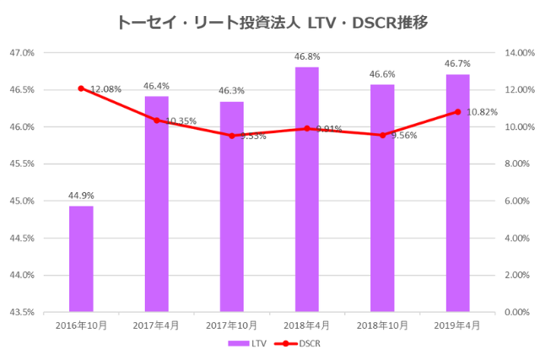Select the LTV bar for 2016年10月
coord(81,259)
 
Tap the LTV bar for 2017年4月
coord(156,204)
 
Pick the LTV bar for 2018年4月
coord(307,190)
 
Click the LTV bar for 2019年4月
coord(457,193)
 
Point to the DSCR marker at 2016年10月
coord(81,89)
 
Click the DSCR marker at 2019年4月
coord(457,111)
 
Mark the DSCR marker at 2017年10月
coord(232,136)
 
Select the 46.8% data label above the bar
coord(307,57)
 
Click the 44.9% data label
coord(81,196)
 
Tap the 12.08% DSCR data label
coord(106,89)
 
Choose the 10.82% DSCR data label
coord(482,112)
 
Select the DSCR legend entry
coord(296,344)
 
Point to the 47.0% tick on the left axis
coord(22,52)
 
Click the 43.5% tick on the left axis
coord(22,312)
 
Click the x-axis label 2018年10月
coord(382,325)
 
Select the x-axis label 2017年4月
coord(156,325)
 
